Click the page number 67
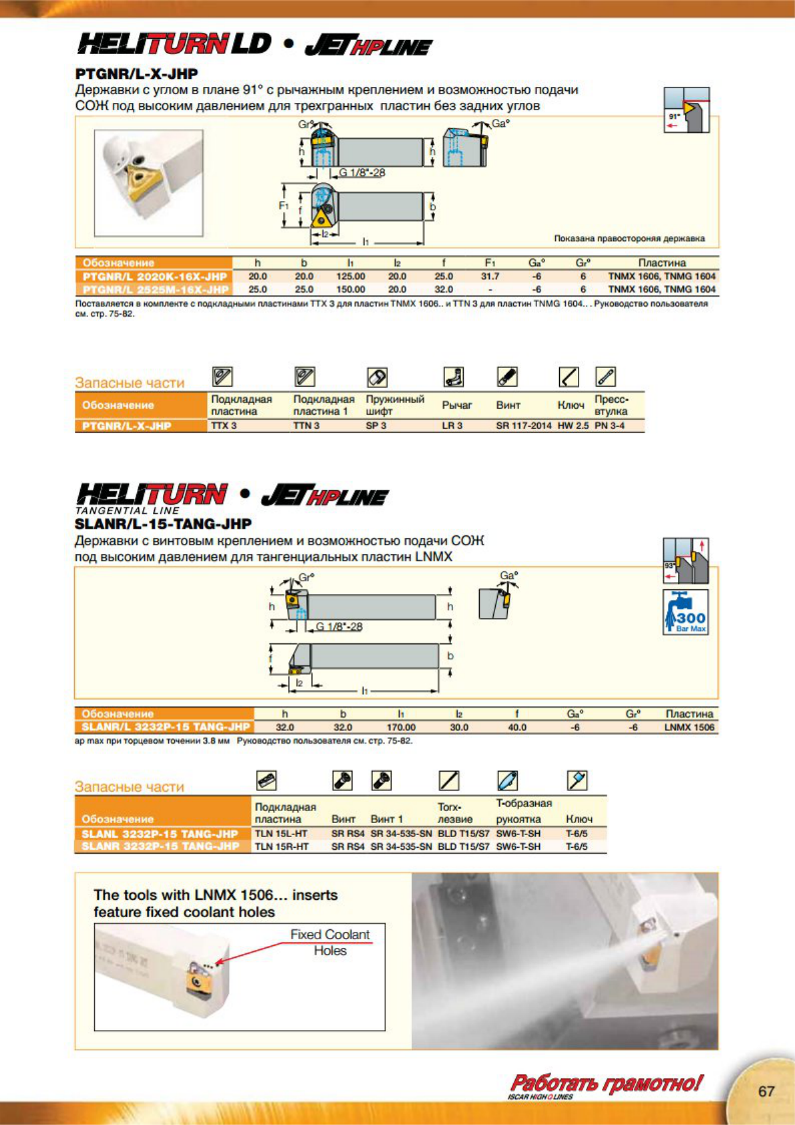point(766,1091)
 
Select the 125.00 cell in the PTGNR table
point(350,276)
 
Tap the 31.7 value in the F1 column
point(490,276)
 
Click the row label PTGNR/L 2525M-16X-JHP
point(155,289)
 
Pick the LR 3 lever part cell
point(452,426)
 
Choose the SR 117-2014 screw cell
point(523,426)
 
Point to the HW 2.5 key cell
point(573,426)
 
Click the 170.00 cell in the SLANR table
point(401,727)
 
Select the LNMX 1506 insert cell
point(689,727)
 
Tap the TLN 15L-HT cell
point(281,834)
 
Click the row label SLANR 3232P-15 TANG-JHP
point(160,846)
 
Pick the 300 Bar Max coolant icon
point(685,612)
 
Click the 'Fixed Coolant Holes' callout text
point(330,942)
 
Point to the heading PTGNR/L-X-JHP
point(136,73)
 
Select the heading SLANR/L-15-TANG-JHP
point(163,524)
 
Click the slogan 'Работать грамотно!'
point(606,1083)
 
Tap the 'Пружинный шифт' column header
point(394,405)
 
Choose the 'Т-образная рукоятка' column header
point(524,811)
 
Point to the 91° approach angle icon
point(686,110)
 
